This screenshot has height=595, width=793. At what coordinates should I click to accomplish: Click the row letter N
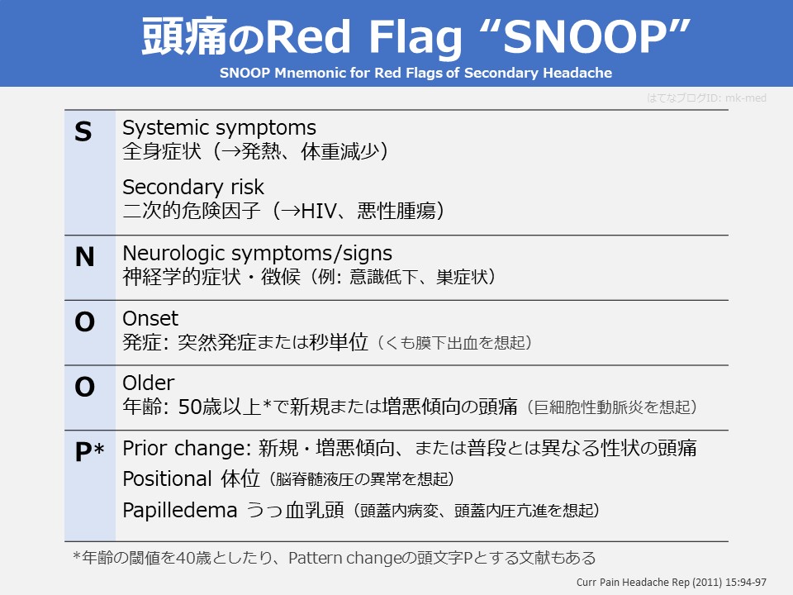coord(84,258)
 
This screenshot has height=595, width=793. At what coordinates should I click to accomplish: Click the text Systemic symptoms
coord(219,128)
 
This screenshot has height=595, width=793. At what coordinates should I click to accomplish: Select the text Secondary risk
coord(193,187)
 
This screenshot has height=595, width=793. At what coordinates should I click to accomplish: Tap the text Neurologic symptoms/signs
coord(257,252)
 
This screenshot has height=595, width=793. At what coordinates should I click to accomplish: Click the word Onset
coord(150,318)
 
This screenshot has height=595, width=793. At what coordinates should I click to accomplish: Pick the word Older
coord(149,383)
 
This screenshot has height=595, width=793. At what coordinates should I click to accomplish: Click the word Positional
coord(167,478)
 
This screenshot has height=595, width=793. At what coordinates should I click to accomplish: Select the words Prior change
coord(186,448)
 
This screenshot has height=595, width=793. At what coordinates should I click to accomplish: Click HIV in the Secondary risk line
coord(316,211)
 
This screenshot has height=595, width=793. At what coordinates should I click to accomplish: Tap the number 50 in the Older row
coord(189,407)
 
